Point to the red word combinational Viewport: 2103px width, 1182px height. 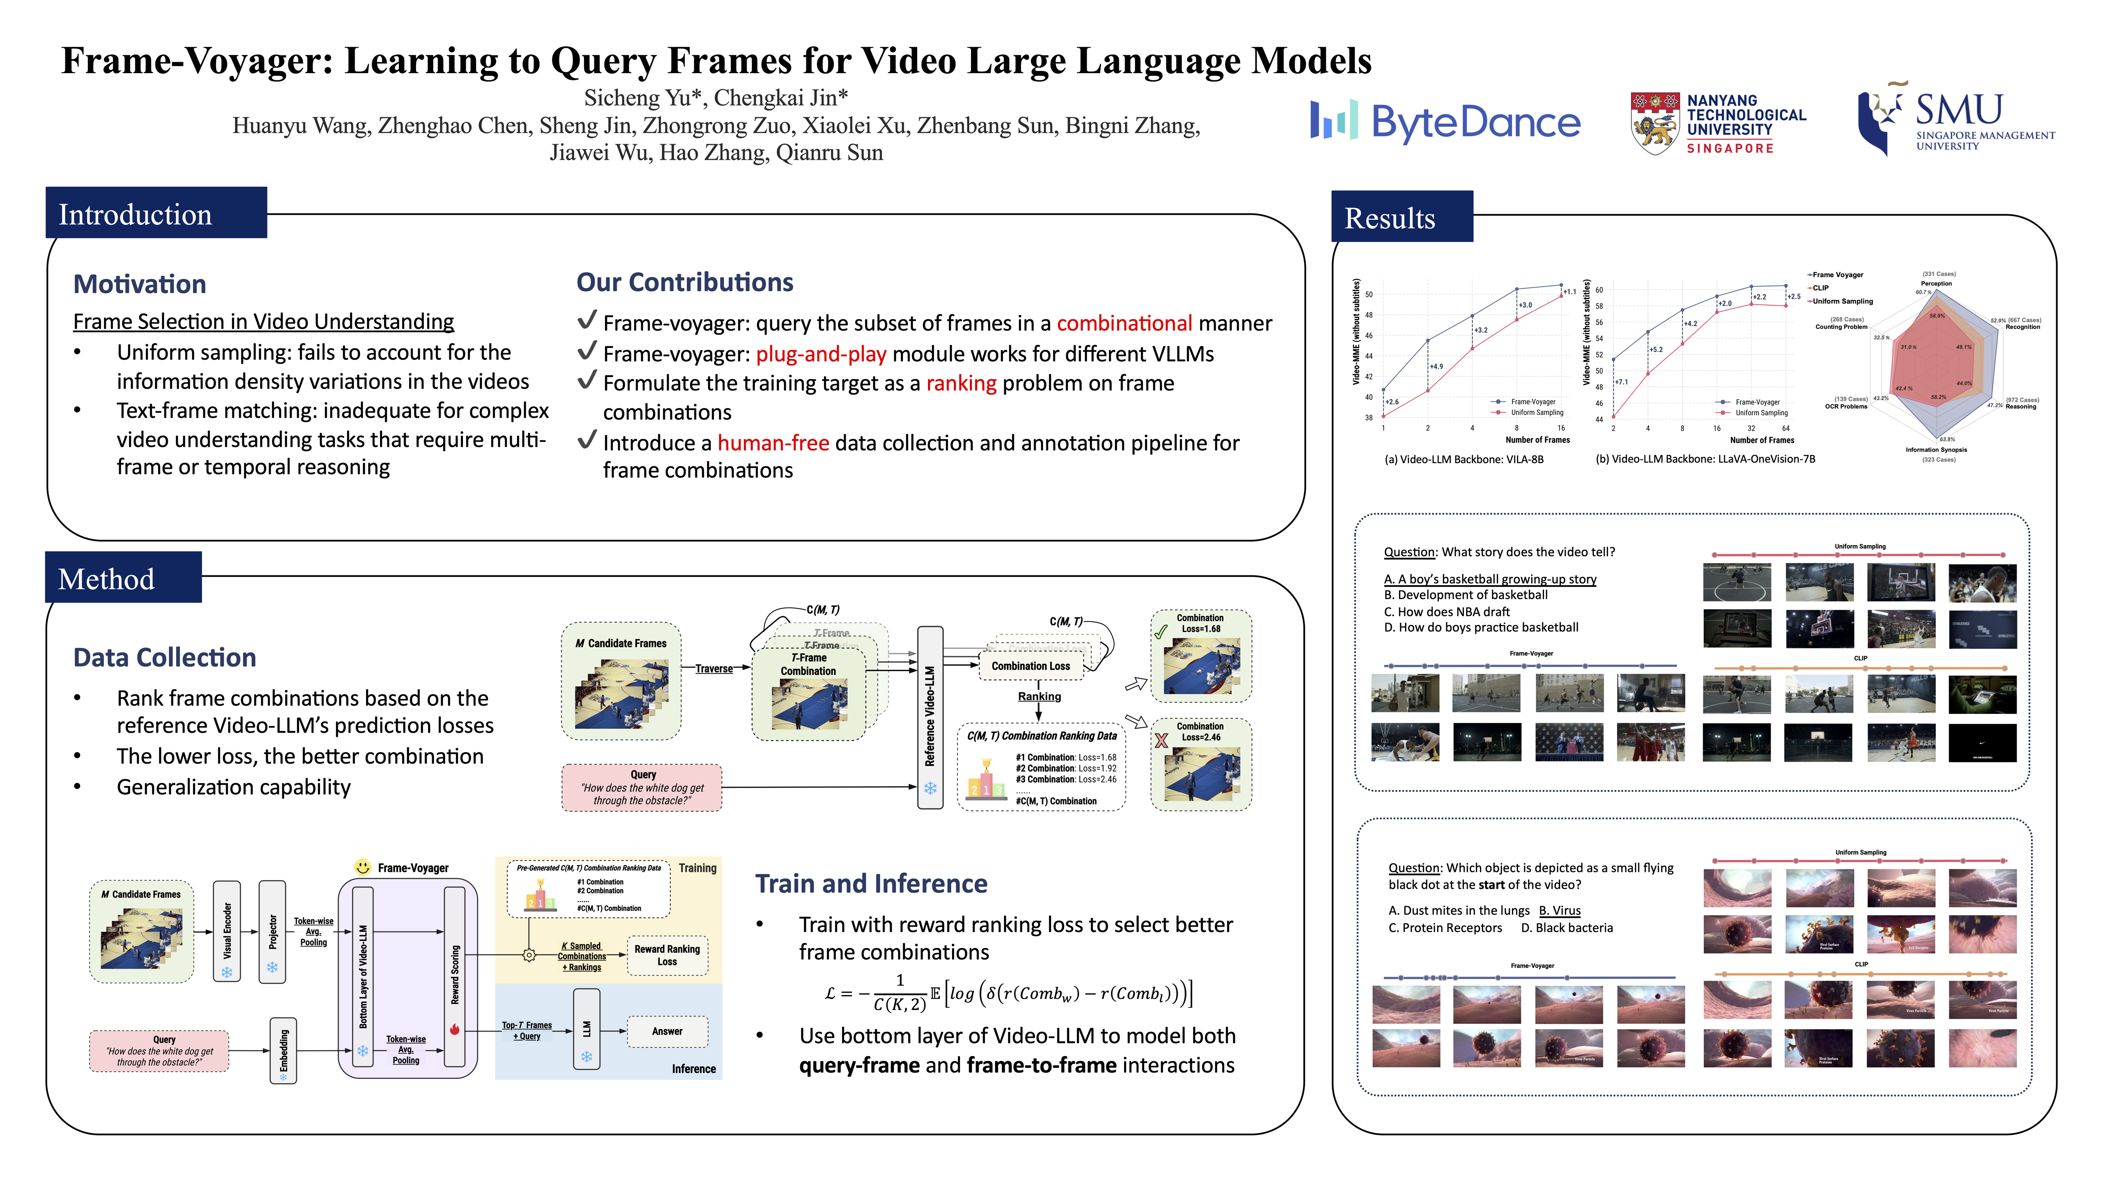click(1124, 323)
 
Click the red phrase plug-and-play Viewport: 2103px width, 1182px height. click(821, 354)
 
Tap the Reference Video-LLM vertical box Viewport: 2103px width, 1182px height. click(930, 717)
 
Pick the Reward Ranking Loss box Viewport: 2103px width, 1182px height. click(667, 955)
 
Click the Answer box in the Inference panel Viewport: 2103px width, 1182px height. click(667, 1031)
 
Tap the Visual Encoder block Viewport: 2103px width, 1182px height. click(227, 931)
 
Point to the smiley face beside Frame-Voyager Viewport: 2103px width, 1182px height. click(362, 867)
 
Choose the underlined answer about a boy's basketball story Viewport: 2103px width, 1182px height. click(1490, 579)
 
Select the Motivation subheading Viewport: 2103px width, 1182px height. click(140, 284)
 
